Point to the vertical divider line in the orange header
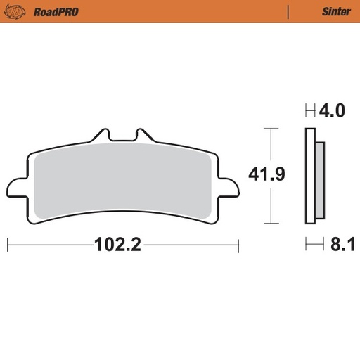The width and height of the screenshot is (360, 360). click(289, 11)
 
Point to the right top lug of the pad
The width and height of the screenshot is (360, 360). click(142, 134)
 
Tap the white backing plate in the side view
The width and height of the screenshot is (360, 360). click(309, 179)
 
